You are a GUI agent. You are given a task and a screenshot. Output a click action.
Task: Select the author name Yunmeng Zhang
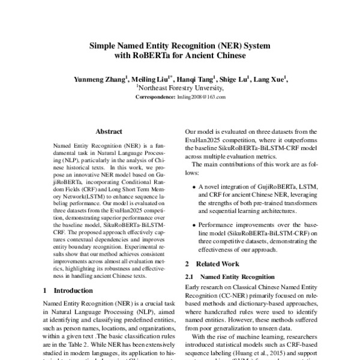pyautogui.click(x=97, y=78)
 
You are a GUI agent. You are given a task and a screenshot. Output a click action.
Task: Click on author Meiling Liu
pyautogui.click(x=148, y=78)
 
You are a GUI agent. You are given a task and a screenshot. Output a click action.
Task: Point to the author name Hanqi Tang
pyautogui.click(x=197, y=78)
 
